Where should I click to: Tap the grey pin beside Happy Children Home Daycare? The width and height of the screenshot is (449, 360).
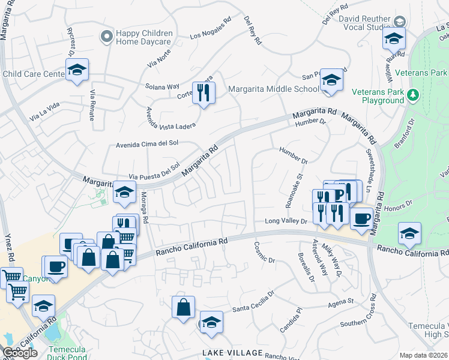107,37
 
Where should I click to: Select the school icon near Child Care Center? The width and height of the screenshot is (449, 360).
77,70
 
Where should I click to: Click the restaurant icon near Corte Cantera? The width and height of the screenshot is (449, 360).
203,92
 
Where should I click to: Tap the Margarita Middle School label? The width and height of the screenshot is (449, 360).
273,89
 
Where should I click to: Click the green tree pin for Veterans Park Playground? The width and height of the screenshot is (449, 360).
412,95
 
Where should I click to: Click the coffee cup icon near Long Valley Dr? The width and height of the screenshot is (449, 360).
361,218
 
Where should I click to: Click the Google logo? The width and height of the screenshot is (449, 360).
20,353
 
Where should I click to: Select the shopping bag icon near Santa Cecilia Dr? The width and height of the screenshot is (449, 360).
183,307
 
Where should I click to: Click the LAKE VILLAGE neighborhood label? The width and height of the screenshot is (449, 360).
233,352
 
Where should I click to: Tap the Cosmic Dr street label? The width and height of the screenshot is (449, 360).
265,252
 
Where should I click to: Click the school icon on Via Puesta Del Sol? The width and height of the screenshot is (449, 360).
124,193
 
